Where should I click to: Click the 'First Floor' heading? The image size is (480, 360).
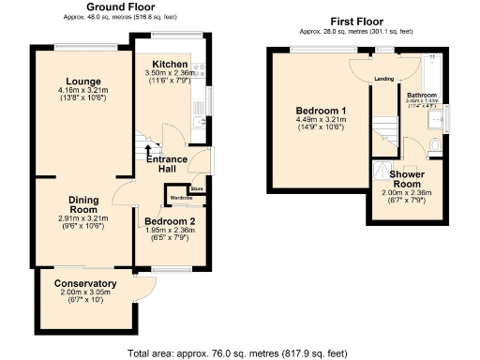(x=358, y=21)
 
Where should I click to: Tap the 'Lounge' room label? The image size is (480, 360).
(x=82, y=80)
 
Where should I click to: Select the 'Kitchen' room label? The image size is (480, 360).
(x=170, y=64)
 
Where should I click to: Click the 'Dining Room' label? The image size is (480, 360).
(x=84, y=203)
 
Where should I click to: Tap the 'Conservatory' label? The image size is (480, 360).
(x=84, y=283)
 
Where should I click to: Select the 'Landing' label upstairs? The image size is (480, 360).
(x=382, y=79)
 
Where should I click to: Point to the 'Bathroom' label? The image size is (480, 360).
(x=422, y=95)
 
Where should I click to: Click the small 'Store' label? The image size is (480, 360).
(x=196, y=189)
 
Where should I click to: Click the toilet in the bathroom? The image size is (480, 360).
(x=437, y=145)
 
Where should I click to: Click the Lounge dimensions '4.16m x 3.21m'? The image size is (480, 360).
(x=82, y=91)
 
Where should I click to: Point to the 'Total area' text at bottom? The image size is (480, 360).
(x=238, y=353)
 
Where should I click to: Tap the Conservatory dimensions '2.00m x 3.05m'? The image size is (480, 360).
(x=84, y=292)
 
